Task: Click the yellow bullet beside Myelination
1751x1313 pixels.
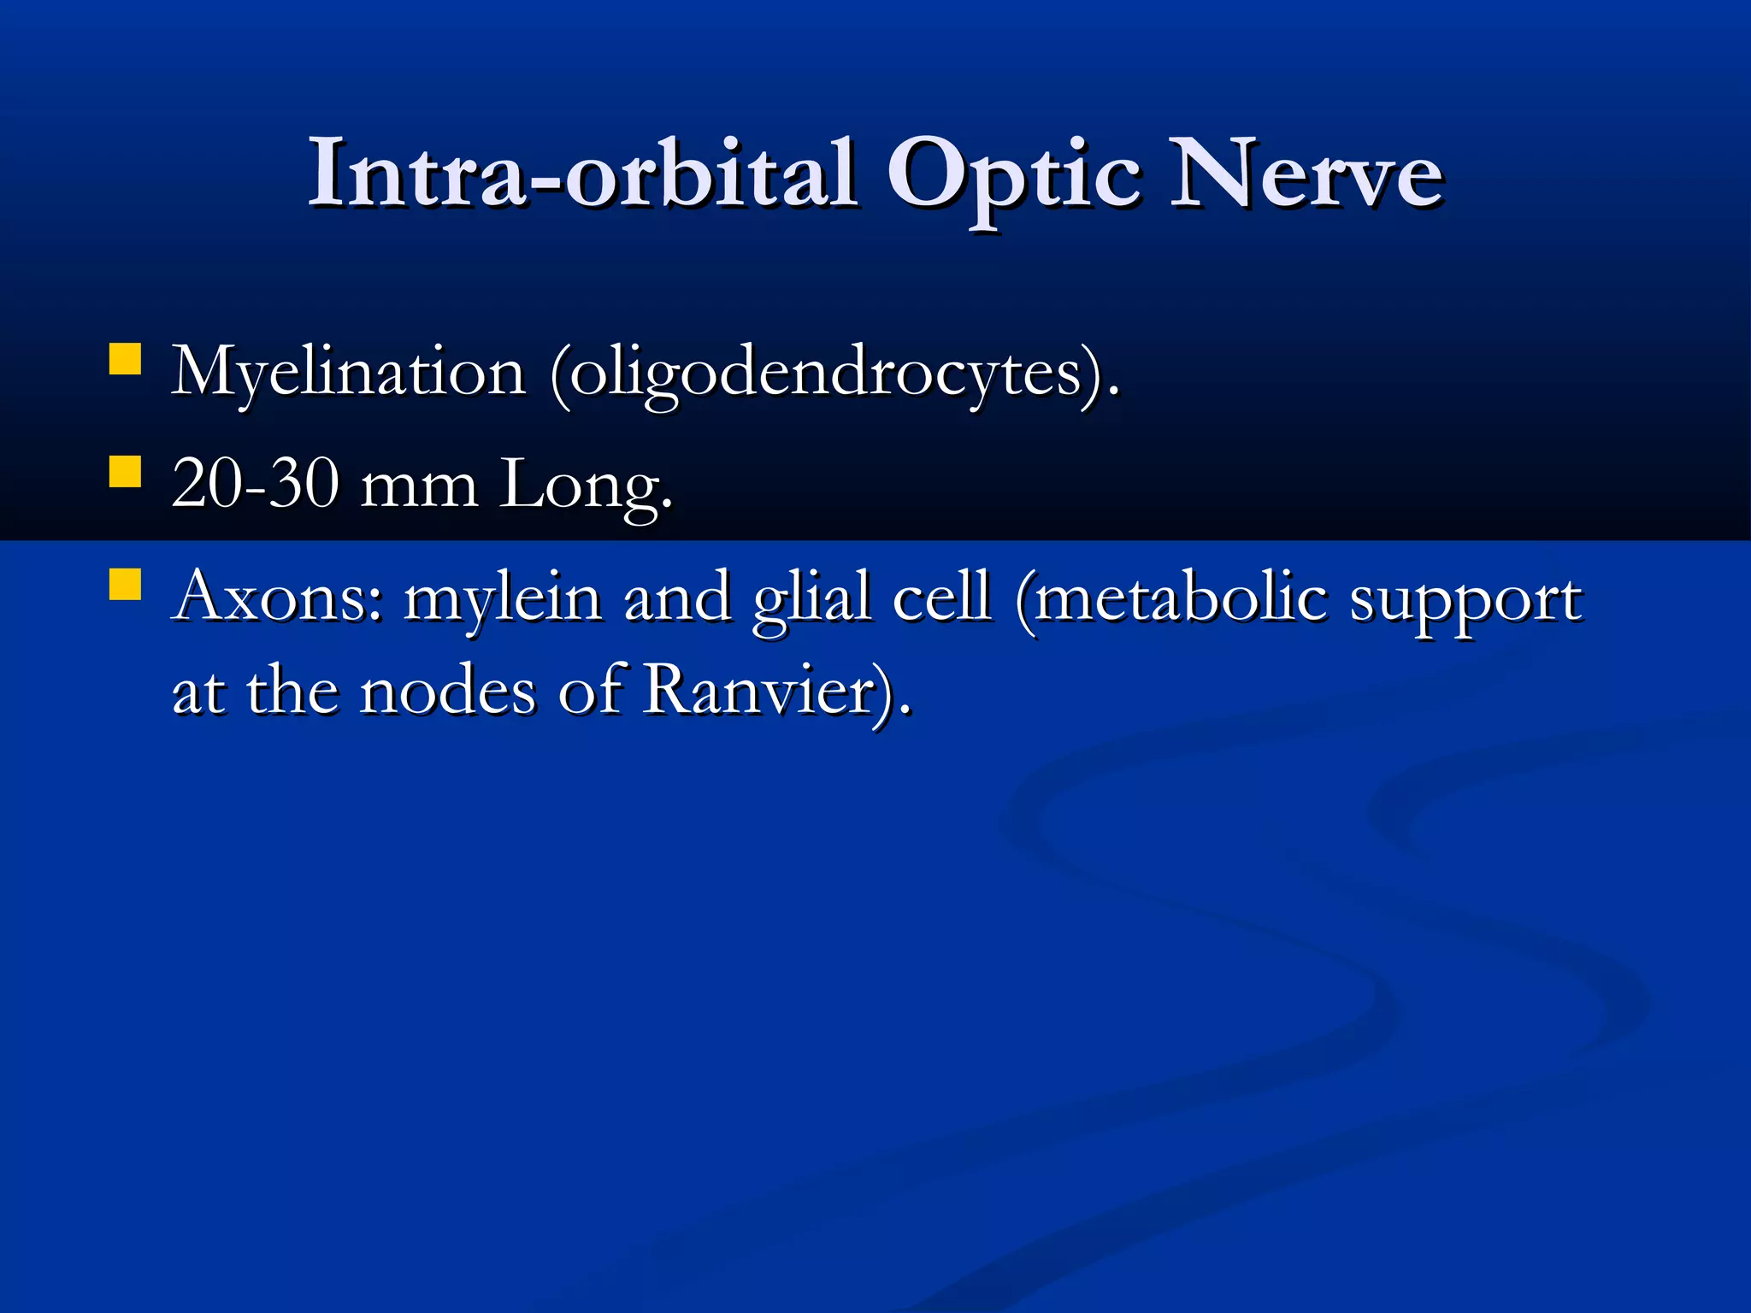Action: point(125,359)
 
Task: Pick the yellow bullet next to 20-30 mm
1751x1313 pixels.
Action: point(125,471)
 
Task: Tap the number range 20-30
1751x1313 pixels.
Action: point(255,484)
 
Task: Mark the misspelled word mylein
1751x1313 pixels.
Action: point(503,598)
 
